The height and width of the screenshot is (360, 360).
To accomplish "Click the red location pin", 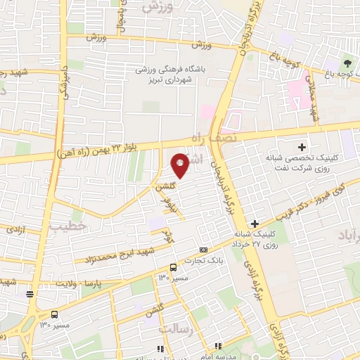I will [x=180, y=165].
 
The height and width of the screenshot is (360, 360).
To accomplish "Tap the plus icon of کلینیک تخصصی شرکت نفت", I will [x=302, y=147].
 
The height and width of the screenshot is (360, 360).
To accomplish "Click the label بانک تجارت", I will [x=199, y=261].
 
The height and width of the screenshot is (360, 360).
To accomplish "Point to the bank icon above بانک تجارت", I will [x=204, y=250].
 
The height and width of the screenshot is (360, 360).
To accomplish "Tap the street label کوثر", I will [x=167, y=235].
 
